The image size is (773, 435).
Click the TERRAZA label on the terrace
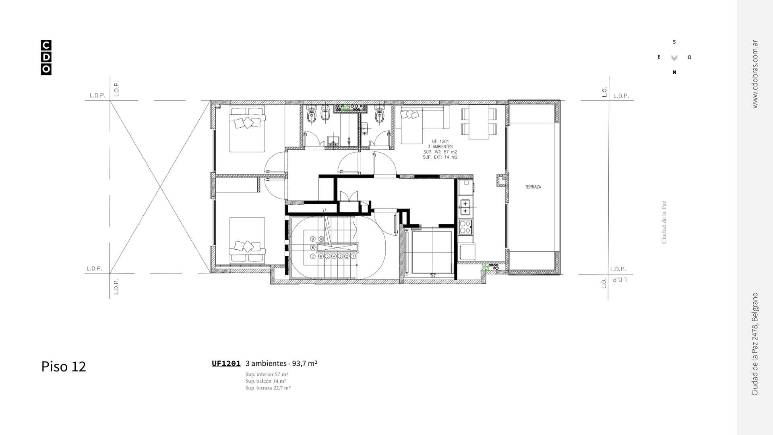pos(533,187)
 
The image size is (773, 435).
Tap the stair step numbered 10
pos(321,239)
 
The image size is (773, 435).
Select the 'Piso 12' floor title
pos(64,367)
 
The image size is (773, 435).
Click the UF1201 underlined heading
pos(226,363)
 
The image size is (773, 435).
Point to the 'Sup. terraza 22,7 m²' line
pos(268,388)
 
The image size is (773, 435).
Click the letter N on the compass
pos(674,72)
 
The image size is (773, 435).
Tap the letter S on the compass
pos(674,42)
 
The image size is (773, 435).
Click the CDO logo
pos(46,58)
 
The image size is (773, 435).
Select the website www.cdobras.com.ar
pos(755,74)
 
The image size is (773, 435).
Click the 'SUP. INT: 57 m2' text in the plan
pos(440,152)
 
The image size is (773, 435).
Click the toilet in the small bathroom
pos(378,116)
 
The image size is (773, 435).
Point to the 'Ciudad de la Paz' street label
pos(664,222)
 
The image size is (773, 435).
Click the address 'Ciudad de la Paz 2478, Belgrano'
pos(755,344)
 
